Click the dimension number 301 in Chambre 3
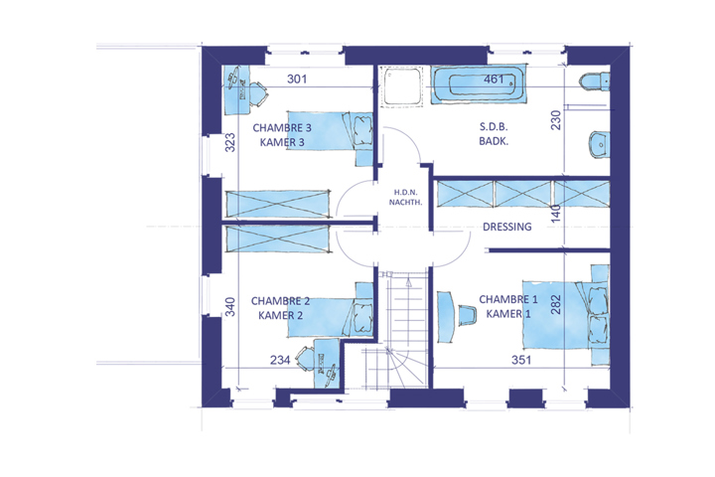tap(297, 79)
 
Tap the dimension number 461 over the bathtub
tap(494, 79)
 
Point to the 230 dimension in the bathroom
tap(555, 120)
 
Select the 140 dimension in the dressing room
tap(555, 214)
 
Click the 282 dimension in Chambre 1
tap(555, 304)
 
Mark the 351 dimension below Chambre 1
tap(521, 360)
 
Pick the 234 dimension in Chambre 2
tap(280, 360)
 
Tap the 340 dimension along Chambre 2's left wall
tap(230, 307)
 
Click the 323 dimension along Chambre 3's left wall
tap(230, 142)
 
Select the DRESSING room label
tap(507, 227)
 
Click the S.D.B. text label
tap(494, 127)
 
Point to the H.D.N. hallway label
tap(405, 193)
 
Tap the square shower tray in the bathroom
tap(402, 86)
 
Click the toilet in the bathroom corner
tap(595, 81)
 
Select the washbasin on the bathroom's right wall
tap(600, 144)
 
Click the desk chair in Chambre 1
tap(467, 315)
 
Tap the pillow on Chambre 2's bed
tap(363, 314)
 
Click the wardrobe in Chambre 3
tap(278, 204)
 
